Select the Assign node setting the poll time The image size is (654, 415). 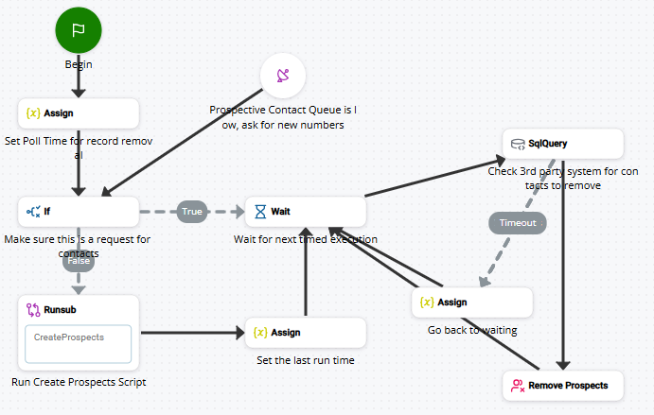coord(79,113)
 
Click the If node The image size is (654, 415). coord(79,212)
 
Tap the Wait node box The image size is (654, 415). coord(305,212)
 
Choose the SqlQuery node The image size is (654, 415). coord(563,145)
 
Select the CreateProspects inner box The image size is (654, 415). coord(79,343)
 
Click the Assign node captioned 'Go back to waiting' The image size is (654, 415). coord(472,303)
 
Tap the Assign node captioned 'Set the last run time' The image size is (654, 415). coord(305,333)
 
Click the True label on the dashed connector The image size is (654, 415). coord(192,212)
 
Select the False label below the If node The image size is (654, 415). coord(79,261)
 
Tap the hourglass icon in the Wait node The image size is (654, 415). coord(260,212)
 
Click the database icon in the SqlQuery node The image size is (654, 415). coord(518,145)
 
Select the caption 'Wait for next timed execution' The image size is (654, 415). coord(306,239)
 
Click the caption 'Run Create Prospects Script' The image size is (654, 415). coord(79,382)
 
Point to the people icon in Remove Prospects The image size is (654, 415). coord(518,385)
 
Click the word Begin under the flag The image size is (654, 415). coord(79,64)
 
